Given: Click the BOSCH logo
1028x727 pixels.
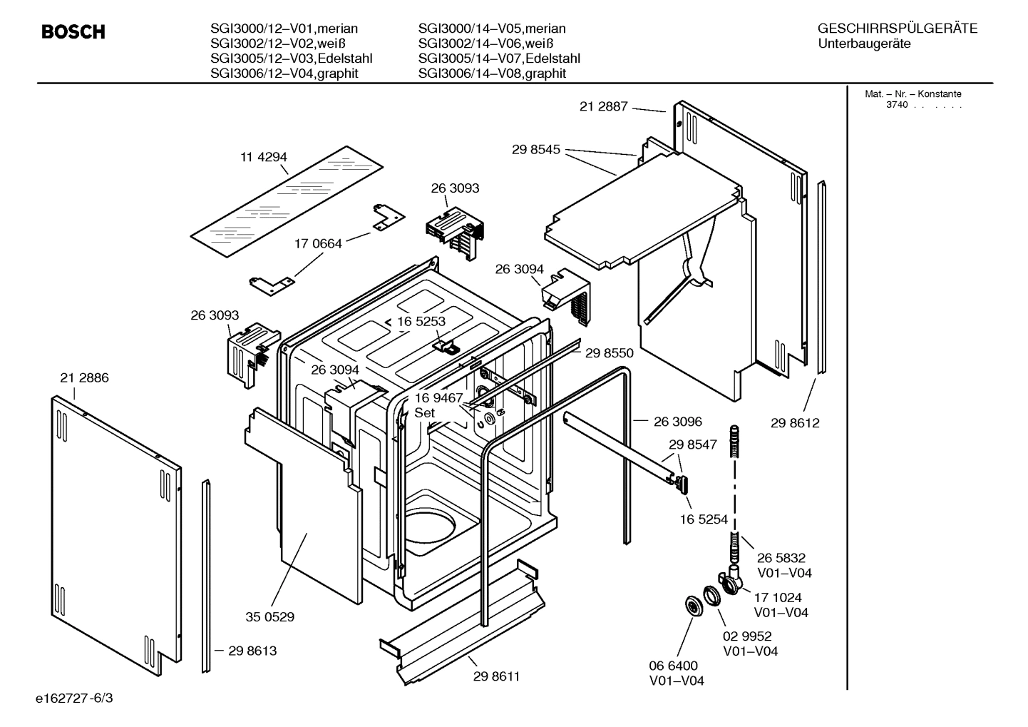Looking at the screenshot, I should click(x=73, y=32).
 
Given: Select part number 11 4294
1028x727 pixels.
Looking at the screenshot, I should click(x=264, y=157).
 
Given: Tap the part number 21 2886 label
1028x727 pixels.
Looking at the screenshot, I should click(x=84, y=378).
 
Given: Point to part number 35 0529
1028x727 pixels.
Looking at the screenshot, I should click(x=269, y=616).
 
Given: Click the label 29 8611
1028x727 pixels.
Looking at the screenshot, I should click(x=496, y=676).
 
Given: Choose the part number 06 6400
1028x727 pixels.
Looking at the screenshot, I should click(x=673, y=666).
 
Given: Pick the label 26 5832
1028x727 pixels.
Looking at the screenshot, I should click(x=781, y=558).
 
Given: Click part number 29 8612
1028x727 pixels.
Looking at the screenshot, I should click(x=795, y=423).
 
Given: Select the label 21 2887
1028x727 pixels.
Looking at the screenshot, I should click(x=603, y=106).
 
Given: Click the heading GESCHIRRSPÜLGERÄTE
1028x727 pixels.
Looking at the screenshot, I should click(x=897, y=29).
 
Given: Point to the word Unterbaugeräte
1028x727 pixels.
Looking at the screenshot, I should click(x=864, y=44).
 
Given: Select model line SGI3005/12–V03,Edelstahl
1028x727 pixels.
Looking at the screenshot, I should click(x=291, y=59).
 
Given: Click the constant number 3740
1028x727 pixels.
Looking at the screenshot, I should click(x=896, y=105).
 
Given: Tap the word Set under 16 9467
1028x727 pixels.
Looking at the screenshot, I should click(x=425, y=413).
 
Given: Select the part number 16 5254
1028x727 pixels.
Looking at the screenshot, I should click(x=704, y=519).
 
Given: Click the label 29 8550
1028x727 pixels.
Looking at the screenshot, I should click(x=609, y=353).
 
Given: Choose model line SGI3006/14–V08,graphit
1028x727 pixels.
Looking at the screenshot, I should click(x=492, y=73).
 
